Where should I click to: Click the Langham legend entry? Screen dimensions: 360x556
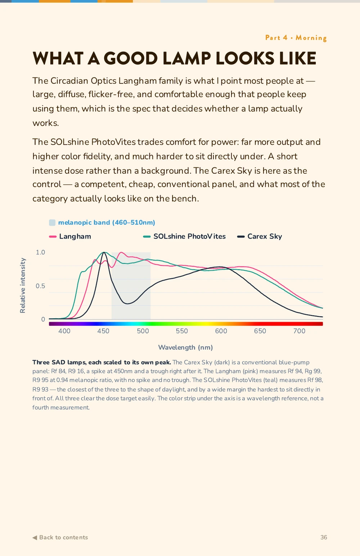click(x=70, y=236)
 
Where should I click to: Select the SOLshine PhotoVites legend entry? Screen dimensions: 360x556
click(x=184, y=236)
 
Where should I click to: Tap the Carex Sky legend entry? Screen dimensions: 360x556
click(x=260, y=236)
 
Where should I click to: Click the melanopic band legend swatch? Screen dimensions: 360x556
click(x=52, y=222)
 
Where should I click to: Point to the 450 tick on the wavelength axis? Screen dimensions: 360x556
click(x=103, y=331)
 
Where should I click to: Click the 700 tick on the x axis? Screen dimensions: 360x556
click(x=299, y=331)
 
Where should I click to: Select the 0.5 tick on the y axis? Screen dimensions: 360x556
click(x=40, y=286)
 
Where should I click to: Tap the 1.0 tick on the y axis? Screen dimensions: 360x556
click(x=40, y=252)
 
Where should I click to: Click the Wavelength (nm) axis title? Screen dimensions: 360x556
click(x=185, y=347)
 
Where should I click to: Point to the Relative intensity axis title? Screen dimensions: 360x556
click(x=23, y=285)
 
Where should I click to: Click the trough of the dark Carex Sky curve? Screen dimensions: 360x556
click(x=127, y=304)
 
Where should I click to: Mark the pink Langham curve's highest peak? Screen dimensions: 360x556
click(x=121, y=252)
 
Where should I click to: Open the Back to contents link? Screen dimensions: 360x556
click(x=60, y=537)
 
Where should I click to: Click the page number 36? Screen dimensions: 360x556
click(x=324, y=537)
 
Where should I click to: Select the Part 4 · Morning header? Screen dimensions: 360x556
click(x=296, y=38)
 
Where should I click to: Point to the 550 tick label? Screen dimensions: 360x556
click(x=182, y=331)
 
